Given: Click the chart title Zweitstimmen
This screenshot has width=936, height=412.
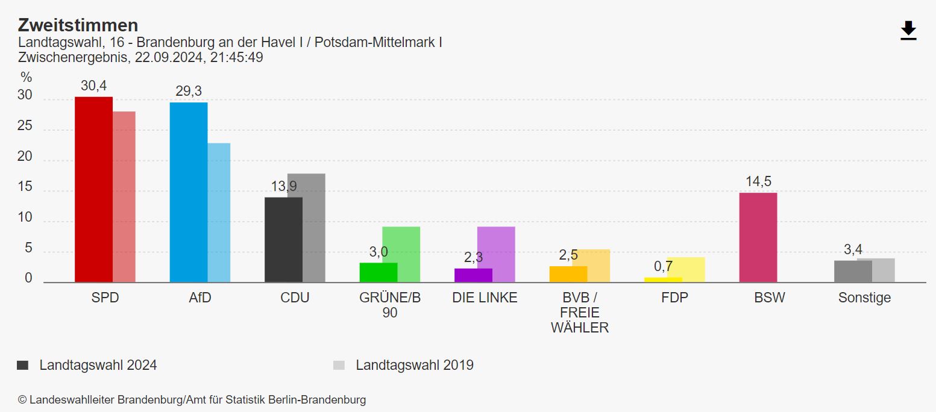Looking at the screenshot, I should [x=78, y=25].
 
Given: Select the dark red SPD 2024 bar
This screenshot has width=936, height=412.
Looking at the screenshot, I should [x=93, y=189].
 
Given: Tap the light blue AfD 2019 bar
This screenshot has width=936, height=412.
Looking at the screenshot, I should [x=219, y=212].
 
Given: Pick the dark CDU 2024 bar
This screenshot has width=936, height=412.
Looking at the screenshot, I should [x=283, y=239].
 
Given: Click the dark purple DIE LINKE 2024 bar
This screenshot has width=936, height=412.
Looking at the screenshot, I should [x=473, y=275].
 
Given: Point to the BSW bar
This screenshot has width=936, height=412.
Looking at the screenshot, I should [x=758, y=237].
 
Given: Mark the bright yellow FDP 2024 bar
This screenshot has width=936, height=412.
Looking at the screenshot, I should [x=663, y=279].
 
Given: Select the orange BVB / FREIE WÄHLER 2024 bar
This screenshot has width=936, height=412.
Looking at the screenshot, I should [x=568, y=274].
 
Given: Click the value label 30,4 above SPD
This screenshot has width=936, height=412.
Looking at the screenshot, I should [x=93, y=86].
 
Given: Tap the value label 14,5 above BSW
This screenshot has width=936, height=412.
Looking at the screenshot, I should [x=758, y=181].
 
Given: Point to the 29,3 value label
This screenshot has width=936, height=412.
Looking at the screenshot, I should [x=189, y=91].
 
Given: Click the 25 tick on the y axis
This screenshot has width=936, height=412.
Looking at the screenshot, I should [x=25, y=127].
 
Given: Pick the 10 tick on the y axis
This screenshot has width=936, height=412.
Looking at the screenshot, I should [x=25, y=218].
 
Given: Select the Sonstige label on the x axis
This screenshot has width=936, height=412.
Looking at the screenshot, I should [x=864, y=298].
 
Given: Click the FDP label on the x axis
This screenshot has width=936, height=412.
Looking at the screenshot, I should [x=674, y=298].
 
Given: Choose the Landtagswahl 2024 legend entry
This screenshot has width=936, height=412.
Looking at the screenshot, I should [x=98, y=365].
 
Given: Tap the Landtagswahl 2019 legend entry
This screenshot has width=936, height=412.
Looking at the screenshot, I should [x=414, y=365].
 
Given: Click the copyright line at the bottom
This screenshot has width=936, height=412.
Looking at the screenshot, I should [x=192, y=399].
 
